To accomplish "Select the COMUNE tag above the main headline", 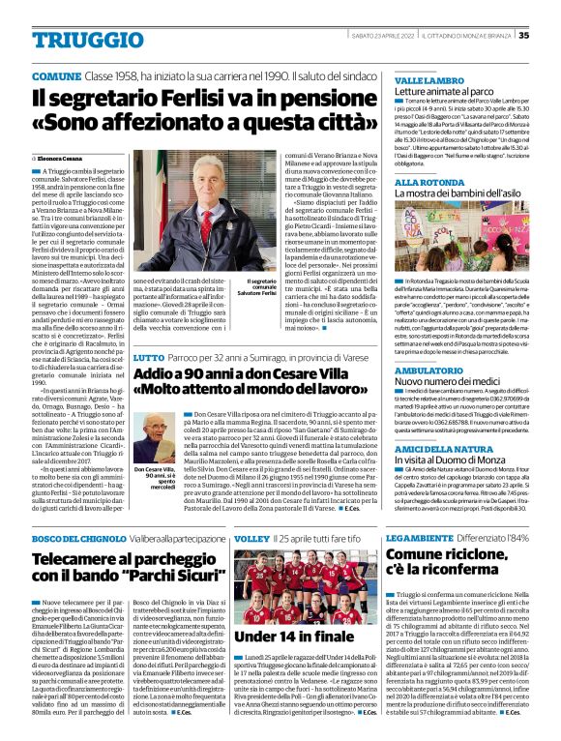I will click(56, 74).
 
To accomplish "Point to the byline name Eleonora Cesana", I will click(60, 156).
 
